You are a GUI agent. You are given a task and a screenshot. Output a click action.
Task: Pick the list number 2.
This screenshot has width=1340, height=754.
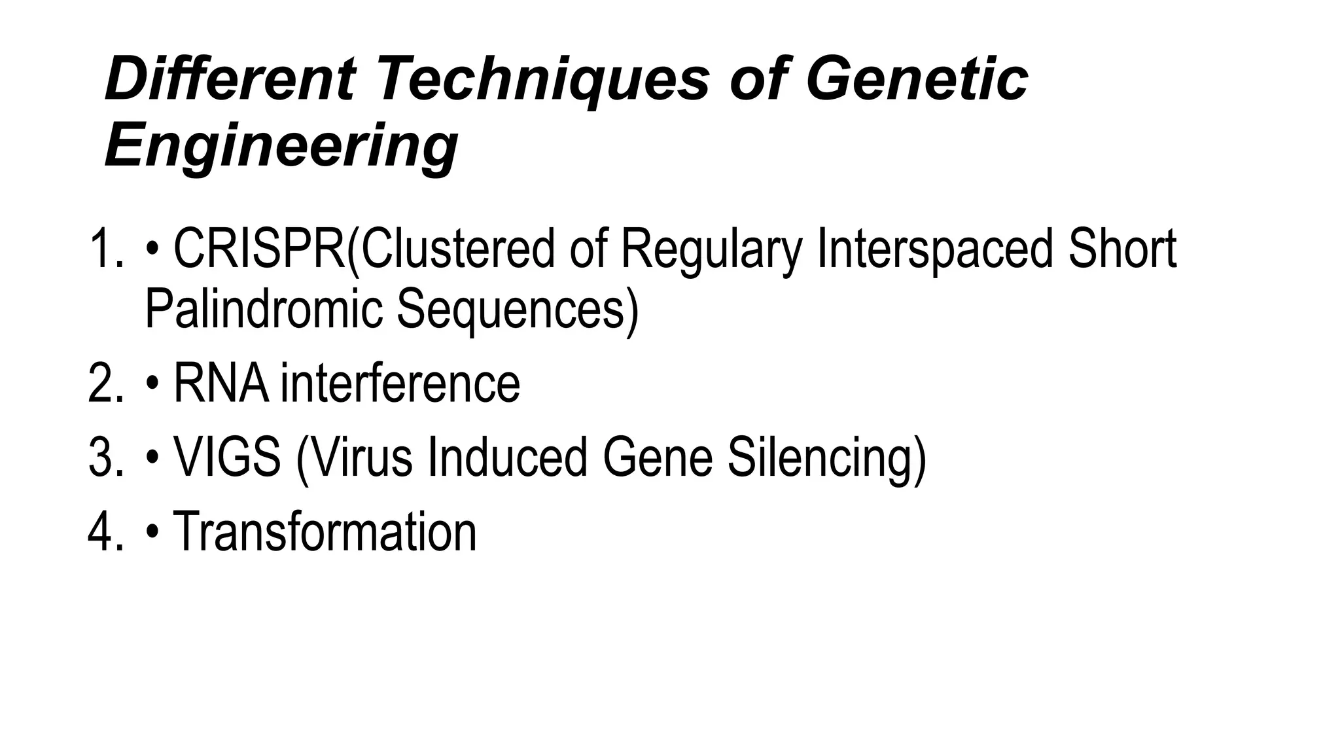click(x=105, y=384)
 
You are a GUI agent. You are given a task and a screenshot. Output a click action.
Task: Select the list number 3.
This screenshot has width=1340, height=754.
click(x=105, y=457)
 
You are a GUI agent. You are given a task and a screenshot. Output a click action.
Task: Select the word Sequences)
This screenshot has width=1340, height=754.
click(x=517, y=309)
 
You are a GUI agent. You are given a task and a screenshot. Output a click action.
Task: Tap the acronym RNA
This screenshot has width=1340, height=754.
click(x=221, y=384)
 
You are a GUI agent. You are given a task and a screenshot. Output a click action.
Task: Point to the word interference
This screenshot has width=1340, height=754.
click(x=400, y=384)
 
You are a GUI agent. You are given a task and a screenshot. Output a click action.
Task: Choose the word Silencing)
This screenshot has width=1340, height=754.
click(x=827, y=457)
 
